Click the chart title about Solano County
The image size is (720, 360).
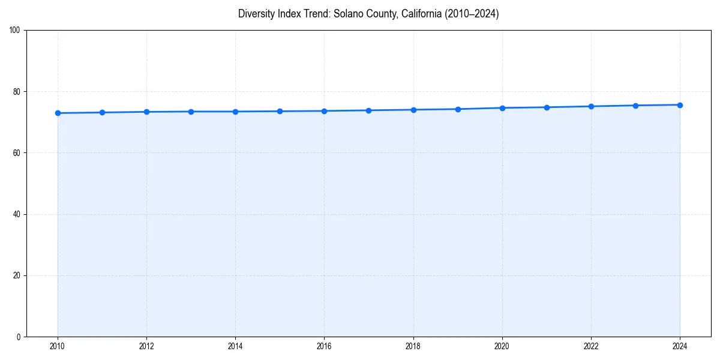click(x=368, y=14)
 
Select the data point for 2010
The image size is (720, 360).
click(x=58, y=113)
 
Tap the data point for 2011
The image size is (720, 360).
click(x=102, y=112)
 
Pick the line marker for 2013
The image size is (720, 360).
click(x=191, y=112)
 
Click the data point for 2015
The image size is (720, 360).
click(x=280, y=111)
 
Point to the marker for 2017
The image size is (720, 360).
click(x=368, y=110)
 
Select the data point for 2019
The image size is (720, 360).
click(x=458, y=109)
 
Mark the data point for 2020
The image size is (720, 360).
click(x=502, y=108)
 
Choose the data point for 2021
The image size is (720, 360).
click(x=547, y=107)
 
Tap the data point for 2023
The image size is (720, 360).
click(x=635, y=106)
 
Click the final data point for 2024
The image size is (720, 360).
click(x=680, y=105)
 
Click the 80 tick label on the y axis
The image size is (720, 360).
click(x=17, y=92)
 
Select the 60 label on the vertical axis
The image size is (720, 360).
click(x=17, y=153)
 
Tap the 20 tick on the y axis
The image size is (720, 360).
click(x=17, y=275)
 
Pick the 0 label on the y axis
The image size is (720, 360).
click(x=19, y=337)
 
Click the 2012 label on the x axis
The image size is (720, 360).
click(x=146, y=346)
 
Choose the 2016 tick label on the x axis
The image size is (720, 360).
click(x=324, y=346)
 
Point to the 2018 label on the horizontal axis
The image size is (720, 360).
click(x=413, y=346)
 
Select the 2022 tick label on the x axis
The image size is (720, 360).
click(x=591, y=346)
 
